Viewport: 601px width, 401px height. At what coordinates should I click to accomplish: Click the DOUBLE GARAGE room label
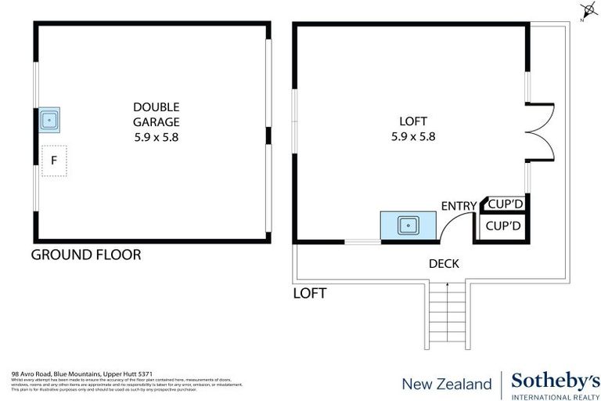click(156, 121)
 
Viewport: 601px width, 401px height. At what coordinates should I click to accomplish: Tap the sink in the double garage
click(50, 120)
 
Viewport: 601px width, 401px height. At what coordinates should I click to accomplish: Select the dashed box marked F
click(54, 161)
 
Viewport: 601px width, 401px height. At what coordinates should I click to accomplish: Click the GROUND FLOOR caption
click(85, 255)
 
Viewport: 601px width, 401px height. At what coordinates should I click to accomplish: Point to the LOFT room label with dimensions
click(412, 128)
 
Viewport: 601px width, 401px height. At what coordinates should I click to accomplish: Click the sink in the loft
click(407, 225)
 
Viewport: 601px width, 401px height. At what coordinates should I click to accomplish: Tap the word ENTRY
click(459, 206)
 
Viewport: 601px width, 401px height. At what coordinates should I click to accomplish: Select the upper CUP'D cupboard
click(504, 204)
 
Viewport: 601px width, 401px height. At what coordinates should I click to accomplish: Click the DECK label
click(443, 264)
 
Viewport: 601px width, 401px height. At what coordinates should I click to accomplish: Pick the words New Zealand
click(446, 384)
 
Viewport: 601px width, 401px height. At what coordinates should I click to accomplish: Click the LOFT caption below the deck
click(309, 294)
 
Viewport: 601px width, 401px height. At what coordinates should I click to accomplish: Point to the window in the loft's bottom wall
click(362, 241)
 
